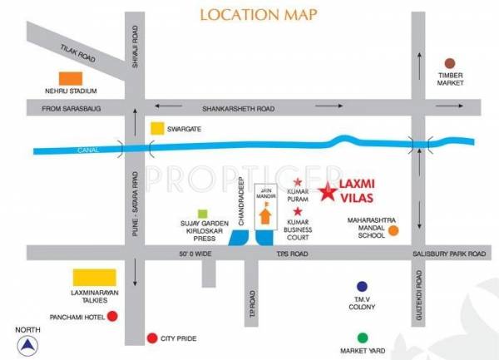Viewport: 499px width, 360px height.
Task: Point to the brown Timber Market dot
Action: coord(449,63)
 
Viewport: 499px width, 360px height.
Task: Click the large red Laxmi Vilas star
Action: coord(329,194)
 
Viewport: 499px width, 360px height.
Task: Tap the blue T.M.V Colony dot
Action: coord(362,286)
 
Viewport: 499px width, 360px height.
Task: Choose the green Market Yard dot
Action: coord(362,338)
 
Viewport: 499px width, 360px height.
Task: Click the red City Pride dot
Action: coord(152,338)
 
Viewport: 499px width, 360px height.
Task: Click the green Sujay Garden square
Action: coord(202,215)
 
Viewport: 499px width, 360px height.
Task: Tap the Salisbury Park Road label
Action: coord(452,254)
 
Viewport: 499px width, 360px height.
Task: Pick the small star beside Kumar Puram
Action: coord(299,182)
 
